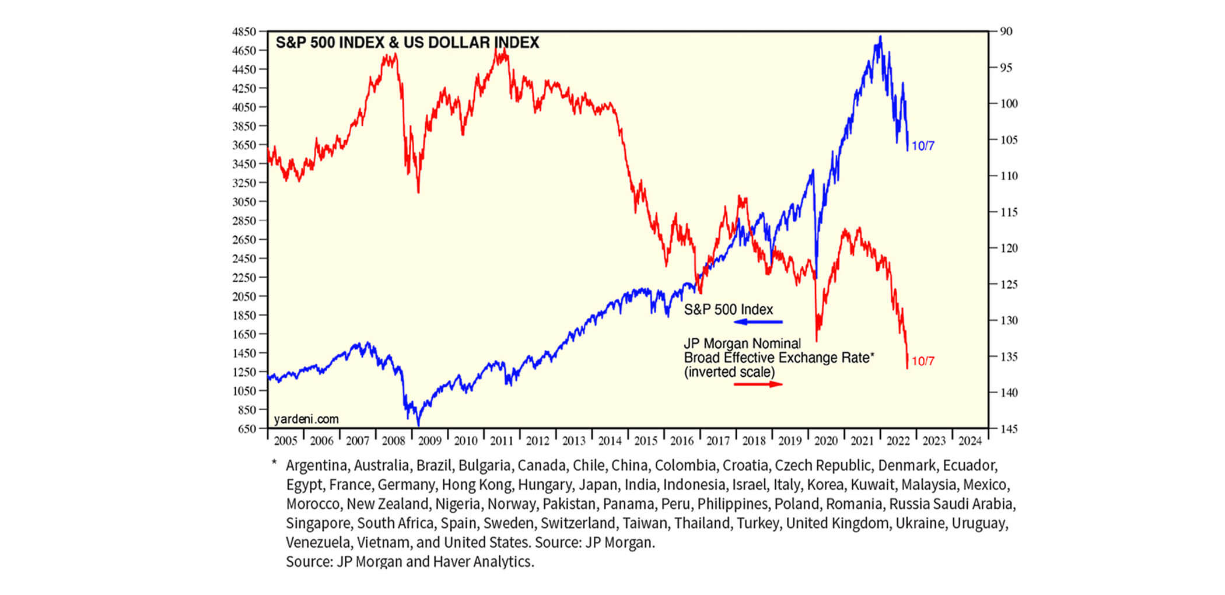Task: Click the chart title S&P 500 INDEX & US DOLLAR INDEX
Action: point(407,43)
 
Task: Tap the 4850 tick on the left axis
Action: point(244,32)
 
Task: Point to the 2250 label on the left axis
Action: point(244,278)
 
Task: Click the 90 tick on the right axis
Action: point(1006,32)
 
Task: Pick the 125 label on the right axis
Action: point(1009,285)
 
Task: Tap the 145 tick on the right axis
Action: point(1009,429)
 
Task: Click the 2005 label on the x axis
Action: point(285,441)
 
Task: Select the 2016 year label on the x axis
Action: point(682,441)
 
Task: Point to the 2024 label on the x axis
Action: point(970,441)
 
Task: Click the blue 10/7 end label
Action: point(923,146)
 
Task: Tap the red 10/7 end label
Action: point(923,361)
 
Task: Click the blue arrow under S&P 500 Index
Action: point(758,322)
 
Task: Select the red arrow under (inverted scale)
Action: point(758,384)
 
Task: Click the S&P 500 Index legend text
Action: point(728,310)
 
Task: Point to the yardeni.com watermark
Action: point(306,419)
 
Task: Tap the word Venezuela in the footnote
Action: point(317,542)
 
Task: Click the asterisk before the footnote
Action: point(274,464)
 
